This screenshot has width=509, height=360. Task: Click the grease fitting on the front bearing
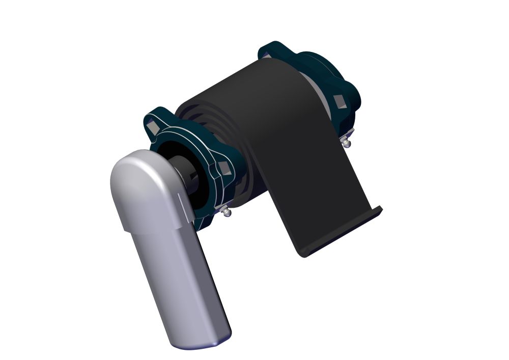(225, 211)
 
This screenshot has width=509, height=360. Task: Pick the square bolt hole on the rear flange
(339, 101)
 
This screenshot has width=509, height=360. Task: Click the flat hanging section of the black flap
(310, 193)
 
